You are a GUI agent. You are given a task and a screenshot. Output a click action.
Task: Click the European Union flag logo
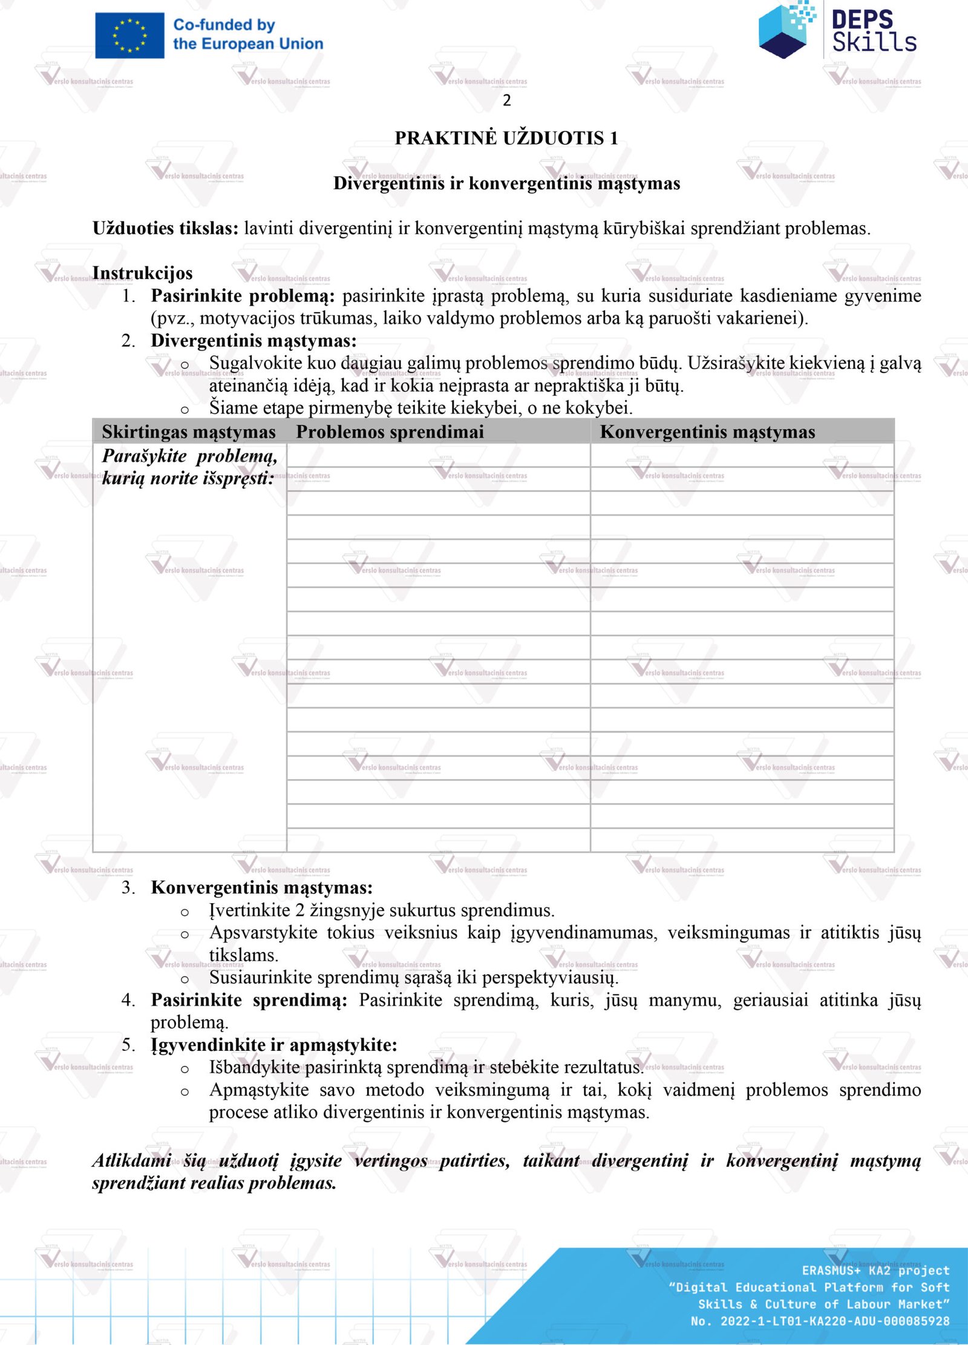[129, 36]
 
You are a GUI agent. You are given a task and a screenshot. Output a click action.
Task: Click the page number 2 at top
[506, 100]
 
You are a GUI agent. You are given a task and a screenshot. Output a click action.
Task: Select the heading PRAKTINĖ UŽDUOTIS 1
[506, 138]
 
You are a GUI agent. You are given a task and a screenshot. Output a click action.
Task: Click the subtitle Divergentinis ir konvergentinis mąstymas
[506, 183]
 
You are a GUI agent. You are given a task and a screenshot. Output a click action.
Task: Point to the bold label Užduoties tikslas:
[165, 228]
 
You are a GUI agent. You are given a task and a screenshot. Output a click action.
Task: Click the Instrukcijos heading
[142, 273]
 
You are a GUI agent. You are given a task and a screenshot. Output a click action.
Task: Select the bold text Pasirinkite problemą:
[243, 295]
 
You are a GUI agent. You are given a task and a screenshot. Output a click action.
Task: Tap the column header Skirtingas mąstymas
[188, 432]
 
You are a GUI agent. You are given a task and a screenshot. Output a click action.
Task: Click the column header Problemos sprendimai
[390, 432]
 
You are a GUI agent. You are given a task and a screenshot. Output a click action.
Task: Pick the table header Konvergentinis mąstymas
[707, 432]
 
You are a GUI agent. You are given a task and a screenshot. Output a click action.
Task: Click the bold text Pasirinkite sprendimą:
[249, 1000]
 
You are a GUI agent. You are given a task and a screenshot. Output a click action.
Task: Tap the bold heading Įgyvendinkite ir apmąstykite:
[273, 1045]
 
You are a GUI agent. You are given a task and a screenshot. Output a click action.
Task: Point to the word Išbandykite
[254, 1067]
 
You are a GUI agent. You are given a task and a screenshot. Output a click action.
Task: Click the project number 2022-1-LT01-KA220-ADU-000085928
[834, 1321]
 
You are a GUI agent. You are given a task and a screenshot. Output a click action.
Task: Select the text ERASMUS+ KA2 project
[875, 1271]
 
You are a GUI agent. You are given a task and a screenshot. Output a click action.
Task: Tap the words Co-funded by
[224, 25]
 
